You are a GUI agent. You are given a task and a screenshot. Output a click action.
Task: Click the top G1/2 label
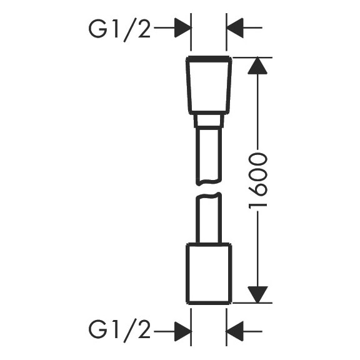[x=119, y=30]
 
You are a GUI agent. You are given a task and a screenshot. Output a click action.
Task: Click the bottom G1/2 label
[x=119, y=331]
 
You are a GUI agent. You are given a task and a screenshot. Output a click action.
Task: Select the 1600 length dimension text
[x=258, y=180]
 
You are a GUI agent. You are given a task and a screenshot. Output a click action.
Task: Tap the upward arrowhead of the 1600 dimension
[x=257, y=66]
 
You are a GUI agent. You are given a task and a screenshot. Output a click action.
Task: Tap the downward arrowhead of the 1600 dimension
[x=257, y=294]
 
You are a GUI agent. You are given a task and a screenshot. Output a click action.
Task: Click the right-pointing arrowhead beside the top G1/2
[x=182, y=27]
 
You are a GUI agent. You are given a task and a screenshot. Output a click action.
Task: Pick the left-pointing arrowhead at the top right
[x=234, y=27]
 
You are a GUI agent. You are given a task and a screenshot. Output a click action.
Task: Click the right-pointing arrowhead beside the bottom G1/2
[x=182, y=331]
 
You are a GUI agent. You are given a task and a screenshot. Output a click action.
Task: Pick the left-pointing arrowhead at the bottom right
[x=234, y=331]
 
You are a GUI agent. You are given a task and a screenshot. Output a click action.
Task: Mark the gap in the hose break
[x=209, y=189]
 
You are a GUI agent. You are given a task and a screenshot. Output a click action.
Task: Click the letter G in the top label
[x=97, y=28]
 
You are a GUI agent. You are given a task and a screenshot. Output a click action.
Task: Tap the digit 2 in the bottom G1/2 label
[x=144, y=329]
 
